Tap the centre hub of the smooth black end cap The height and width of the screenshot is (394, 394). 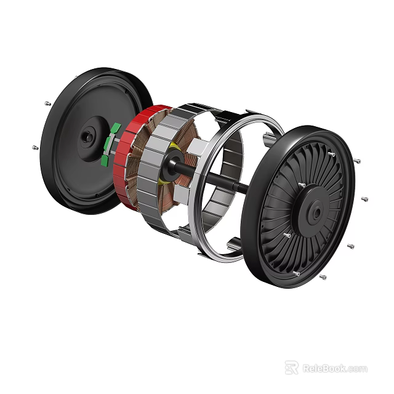click(88, 137)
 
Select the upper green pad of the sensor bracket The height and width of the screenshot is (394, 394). click(115, 129)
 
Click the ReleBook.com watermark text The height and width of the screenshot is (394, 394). click(334, 369)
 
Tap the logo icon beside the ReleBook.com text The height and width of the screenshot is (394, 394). click(291, 368)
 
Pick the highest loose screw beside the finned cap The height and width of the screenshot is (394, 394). click(356, 161)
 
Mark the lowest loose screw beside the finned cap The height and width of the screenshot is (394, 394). click(323, 277)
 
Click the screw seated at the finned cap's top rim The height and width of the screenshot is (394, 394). click(332, 154)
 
